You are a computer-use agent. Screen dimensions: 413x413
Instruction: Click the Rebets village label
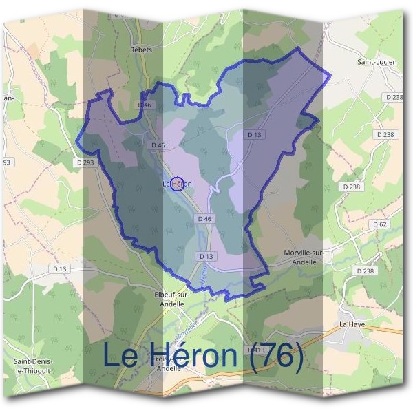pyautogui.click(x=141, y=50)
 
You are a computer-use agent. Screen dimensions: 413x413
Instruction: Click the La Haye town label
pyautogui.click(x=351, y=324)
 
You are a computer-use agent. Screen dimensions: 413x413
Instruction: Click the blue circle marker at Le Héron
pyautogui.click(x=177, y=184)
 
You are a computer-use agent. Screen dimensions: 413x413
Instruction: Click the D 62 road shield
pyautogui.click(x=379, y=224)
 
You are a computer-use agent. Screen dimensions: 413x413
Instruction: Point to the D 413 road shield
pyautogui.click(x=256, y=350)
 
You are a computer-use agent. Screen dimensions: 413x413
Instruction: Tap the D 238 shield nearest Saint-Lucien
pyautogui.click(x=394, y=98)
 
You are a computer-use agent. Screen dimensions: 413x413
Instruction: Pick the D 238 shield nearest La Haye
pyautogui.click(x=365, y=271)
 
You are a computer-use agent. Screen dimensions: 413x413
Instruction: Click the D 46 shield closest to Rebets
pyautogui.click(x=144, y=105)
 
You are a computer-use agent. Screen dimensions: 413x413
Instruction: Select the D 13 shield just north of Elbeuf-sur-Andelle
pyautogui.click(x=206, y=256)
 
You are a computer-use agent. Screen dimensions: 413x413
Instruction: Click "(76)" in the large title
pyautogui.click(x=270, y=355)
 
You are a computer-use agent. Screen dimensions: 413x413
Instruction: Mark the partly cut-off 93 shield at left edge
pyautogui.click(x=7, y=162)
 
